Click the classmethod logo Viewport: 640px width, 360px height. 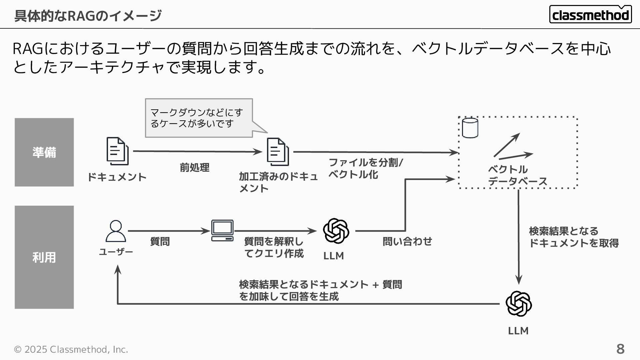pos(590,15)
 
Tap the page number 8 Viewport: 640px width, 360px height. pos(620,349)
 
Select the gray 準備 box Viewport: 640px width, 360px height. pos(44,152)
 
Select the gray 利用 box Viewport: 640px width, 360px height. pos(44,257)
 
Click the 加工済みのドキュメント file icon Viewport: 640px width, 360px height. pos(278,152)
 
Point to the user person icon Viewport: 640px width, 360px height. pos(116,231)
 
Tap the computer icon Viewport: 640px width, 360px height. pos(222,230)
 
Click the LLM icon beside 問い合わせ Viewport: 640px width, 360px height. pos(336,231)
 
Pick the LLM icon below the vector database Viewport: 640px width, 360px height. pos(518,304)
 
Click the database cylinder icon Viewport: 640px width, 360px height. pos(470,128)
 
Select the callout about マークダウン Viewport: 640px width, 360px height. pos(199,118)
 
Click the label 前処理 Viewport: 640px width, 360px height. pos(195,167)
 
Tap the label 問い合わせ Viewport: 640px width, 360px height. pos(407,241)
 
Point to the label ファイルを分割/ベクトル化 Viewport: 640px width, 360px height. pos(366,168)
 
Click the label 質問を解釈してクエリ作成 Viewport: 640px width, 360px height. pos(274,247)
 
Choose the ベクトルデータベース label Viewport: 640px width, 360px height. pos(517,175)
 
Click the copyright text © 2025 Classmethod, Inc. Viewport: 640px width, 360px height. pos(71,349)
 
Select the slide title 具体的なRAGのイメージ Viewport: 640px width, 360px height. pos(88,16)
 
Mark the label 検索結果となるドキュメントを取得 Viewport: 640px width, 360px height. pos(573,237)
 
